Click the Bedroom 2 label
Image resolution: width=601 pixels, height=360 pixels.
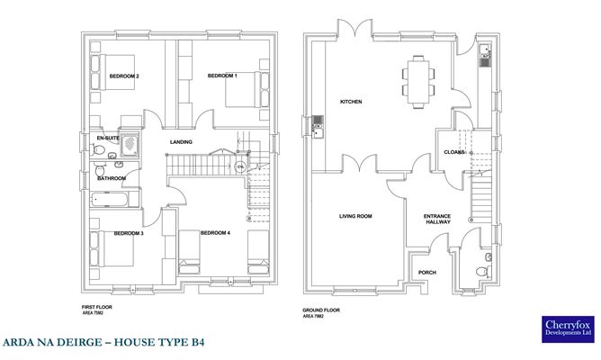[x=124, y=76]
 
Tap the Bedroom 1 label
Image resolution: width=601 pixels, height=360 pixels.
[x=222, y=76]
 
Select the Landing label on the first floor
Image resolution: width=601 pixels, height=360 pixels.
[x=181, y=142]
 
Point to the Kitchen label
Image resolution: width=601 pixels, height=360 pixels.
[x=351, y=102]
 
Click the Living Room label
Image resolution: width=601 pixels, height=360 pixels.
[x=355, y=216]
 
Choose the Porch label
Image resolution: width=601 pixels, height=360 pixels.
[x=427, y=272]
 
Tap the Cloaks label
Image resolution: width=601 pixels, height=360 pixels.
[x=454, y=152]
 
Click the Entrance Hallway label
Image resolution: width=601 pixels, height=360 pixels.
[x=437, y=219]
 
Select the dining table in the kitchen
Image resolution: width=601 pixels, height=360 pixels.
[x=418, y=82]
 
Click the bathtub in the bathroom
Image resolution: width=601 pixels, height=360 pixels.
[x=110, y=200]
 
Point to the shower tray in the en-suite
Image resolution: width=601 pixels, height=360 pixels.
[x=130, y=144]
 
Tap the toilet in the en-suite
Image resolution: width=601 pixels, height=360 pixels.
[x=98, y=149]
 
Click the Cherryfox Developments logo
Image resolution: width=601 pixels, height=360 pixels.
[x=568, y=328]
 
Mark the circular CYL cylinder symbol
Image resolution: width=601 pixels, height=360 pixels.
[x=240, y=166]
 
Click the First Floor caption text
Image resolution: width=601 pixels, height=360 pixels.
[x=97, y=307]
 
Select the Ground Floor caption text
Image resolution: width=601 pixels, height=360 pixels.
[x=321, y=310]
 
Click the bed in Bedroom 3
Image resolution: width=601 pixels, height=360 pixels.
[x=112, y=248]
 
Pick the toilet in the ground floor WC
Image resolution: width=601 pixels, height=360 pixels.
[x=483, y=272]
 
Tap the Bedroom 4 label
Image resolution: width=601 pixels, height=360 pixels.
[x=215, y=233]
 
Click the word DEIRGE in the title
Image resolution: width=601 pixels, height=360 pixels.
[x=79, y=342]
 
